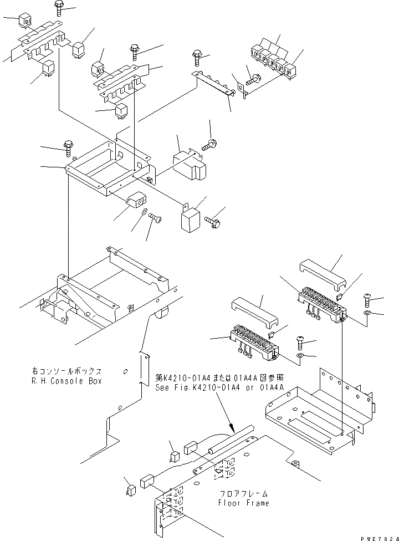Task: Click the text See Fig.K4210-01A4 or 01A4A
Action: coord(220,387)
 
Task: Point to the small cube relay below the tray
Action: coord(190,218)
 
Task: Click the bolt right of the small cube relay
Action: coord(213,222)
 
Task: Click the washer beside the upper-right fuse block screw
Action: coord(367,315)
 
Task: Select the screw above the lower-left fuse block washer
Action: coord(300,340)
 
